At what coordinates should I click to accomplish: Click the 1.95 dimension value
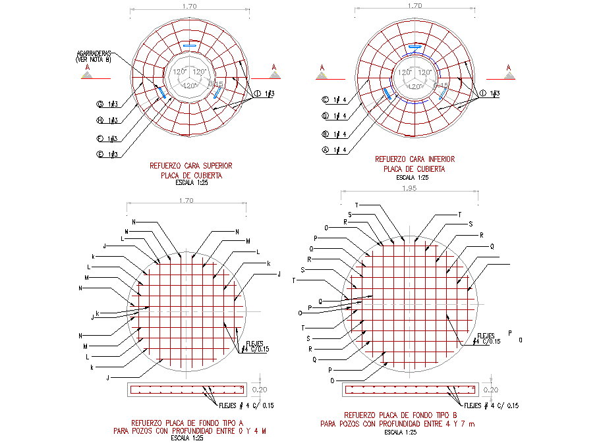tap(409, 190)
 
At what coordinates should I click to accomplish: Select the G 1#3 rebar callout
tap(107, 104)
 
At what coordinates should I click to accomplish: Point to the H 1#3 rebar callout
tap(107, 120)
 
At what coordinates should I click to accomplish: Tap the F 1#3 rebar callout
tap(107, 138)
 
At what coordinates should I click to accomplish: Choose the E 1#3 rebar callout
tap(107, 155)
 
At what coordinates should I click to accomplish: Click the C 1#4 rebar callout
tap(333, 101)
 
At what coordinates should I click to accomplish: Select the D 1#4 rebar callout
tap(333, 117)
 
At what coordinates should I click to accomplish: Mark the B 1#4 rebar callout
tap(333, 134)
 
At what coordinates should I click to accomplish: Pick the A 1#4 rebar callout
tap(333, 151)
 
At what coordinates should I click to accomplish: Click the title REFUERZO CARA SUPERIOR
tap(191, 167)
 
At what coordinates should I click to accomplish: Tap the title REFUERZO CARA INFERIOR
tap(415, 159)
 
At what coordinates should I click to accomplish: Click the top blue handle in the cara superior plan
tap(189, 45)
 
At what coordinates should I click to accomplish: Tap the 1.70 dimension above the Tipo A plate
tap(185, 201)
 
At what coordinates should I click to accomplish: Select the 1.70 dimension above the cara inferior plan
tap(415, 6)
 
